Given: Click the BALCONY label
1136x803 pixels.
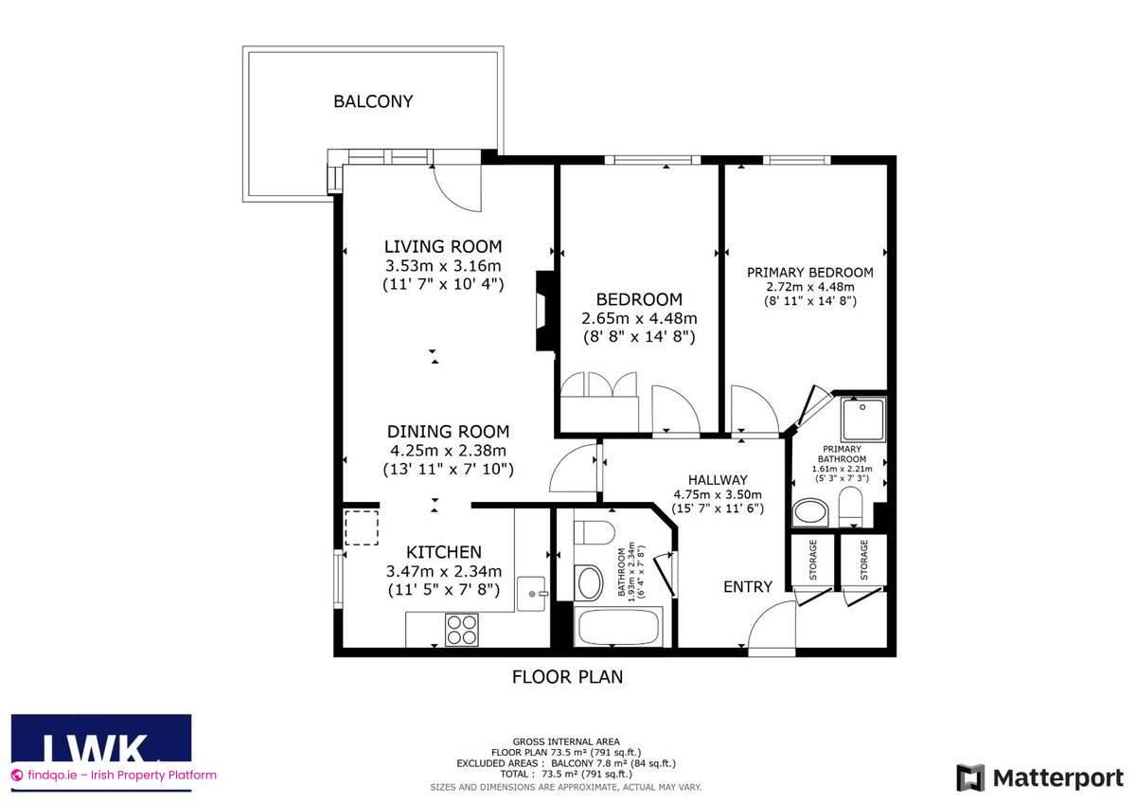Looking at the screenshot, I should point(373,101).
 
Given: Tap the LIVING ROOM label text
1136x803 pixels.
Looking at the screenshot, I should point(442,247).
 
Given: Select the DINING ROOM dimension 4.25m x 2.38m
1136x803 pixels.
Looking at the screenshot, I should point(449,451).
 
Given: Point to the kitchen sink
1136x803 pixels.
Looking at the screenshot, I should point(536,592).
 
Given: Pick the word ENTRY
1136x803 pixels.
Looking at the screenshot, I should point(748,587).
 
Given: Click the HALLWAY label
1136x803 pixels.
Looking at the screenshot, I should point(718,480).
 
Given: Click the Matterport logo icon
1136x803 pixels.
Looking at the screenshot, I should point(969,777).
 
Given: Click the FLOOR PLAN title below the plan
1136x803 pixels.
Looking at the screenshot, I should point(567,677).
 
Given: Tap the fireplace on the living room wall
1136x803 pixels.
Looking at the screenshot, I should point(546,312).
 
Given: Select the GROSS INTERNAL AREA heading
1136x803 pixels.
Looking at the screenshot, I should point(566,741).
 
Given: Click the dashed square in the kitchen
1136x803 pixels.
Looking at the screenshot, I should point(361,528).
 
